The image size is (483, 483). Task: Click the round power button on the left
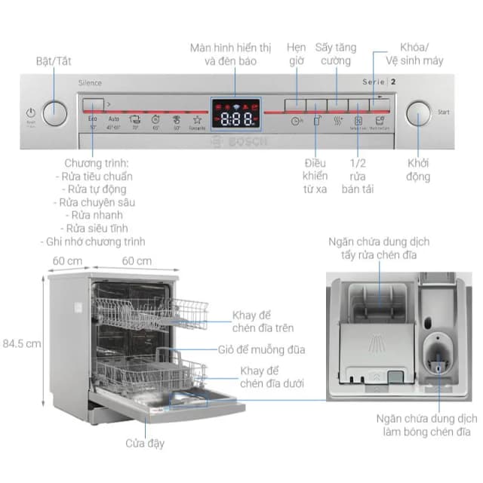54,113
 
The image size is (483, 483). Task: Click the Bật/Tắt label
54,60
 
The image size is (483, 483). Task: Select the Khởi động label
419,170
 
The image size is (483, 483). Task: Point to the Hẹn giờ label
297,54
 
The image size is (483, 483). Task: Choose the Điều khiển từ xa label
315,176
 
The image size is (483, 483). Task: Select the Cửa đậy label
145,444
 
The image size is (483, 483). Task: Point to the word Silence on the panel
89,83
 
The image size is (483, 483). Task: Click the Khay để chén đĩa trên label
263,321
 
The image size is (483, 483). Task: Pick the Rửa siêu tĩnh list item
97,228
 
